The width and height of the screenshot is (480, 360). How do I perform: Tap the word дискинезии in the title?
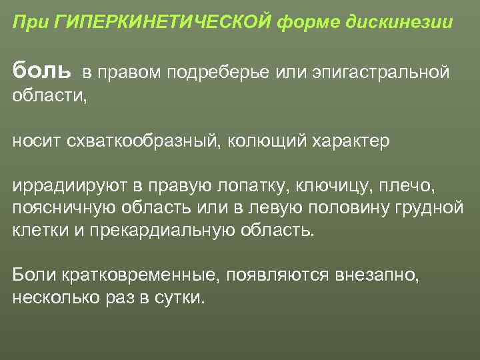[x=400, y=23]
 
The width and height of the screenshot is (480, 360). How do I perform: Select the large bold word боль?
[x=41, y=69]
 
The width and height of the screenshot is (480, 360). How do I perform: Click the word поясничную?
[x=63, y=209]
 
